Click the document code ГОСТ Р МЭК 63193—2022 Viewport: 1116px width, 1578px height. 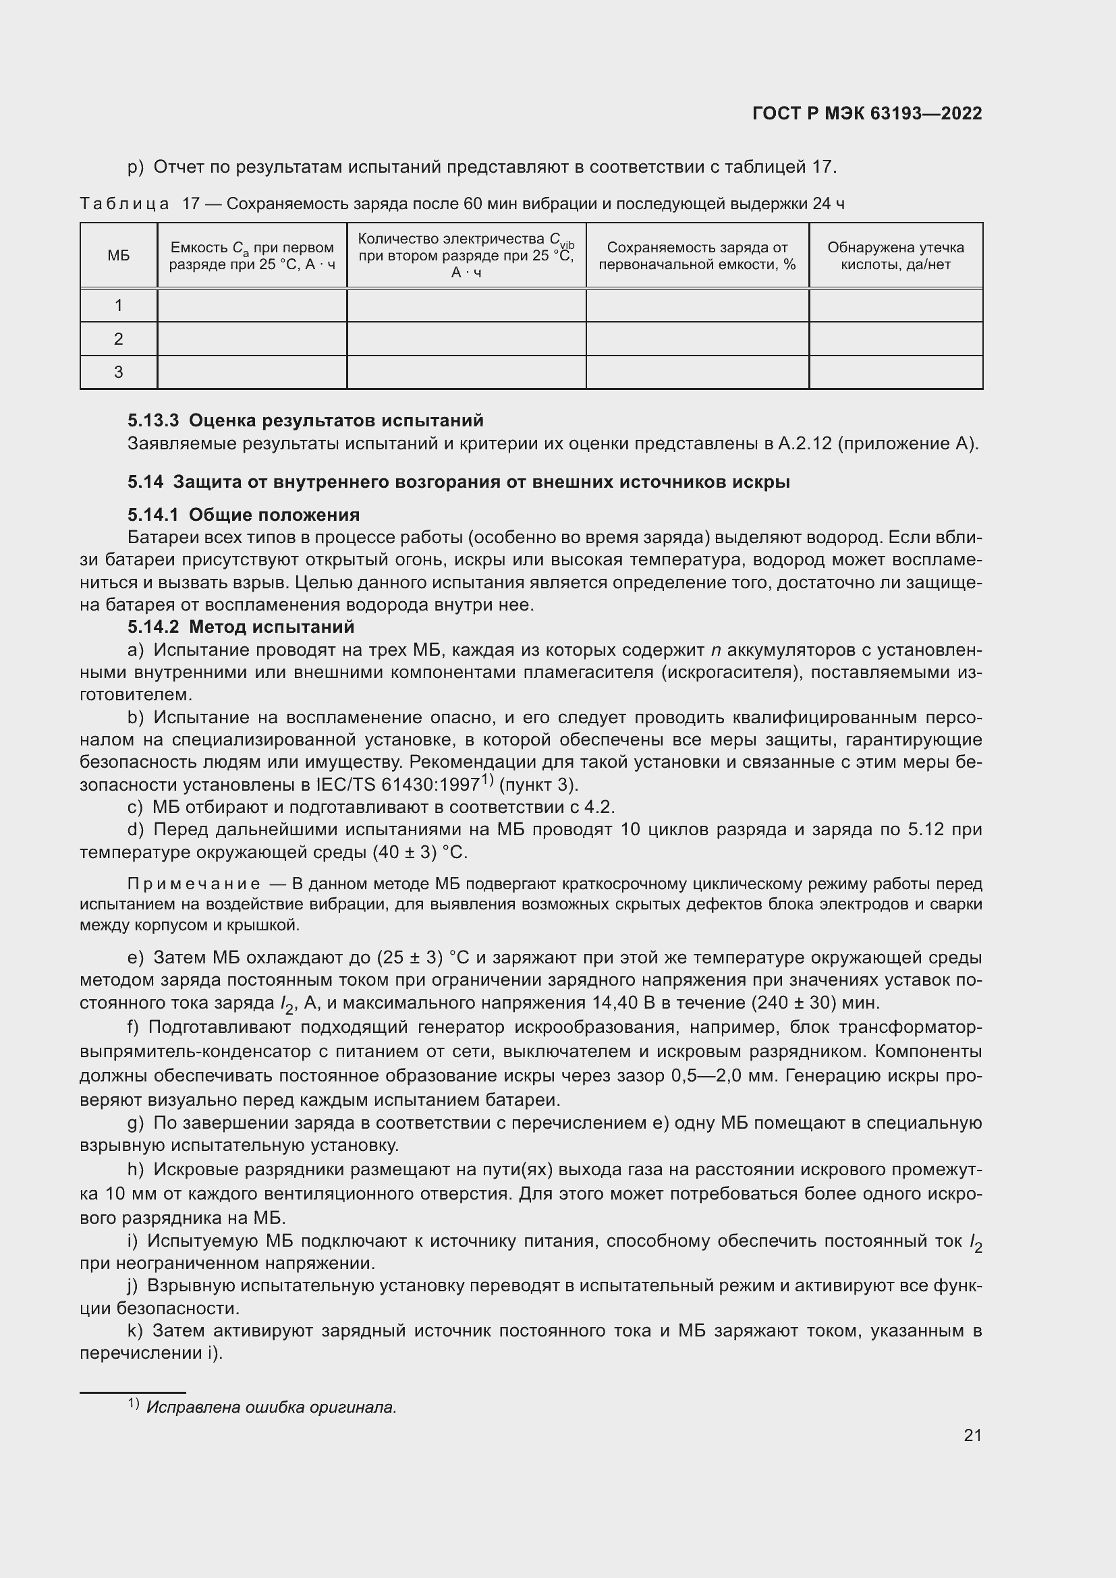click(x=867, y=113)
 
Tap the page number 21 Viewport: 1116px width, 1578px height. click(x=972, y=1435)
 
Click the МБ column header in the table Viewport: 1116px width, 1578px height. click(x=118, y=256)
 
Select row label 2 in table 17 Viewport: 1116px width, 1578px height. click(x=118, y=339)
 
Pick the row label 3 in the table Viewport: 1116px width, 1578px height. click(x=118, y=372)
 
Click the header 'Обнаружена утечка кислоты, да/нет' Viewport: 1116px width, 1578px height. click(x=895, y=256)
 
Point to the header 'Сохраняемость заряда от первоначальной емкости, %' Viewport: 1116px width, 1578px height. click(x=697, y=256)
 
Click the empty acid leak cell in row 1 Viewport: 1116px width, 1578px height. click(x=895, y=305)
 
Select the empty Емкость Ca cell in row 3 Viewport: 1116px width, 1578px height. click(x=252, y=372)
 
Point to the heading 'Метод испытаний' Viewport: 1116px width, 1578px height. click(x=271, y=627)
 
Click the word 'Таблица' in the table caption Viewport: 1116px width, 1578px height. click(x=124, y=204)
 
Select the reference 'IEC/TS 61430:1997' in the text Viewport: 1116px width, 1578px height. click(x=397, y=785)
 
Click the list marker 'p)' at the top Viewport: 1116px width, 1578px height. click(x=136, y=167)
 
